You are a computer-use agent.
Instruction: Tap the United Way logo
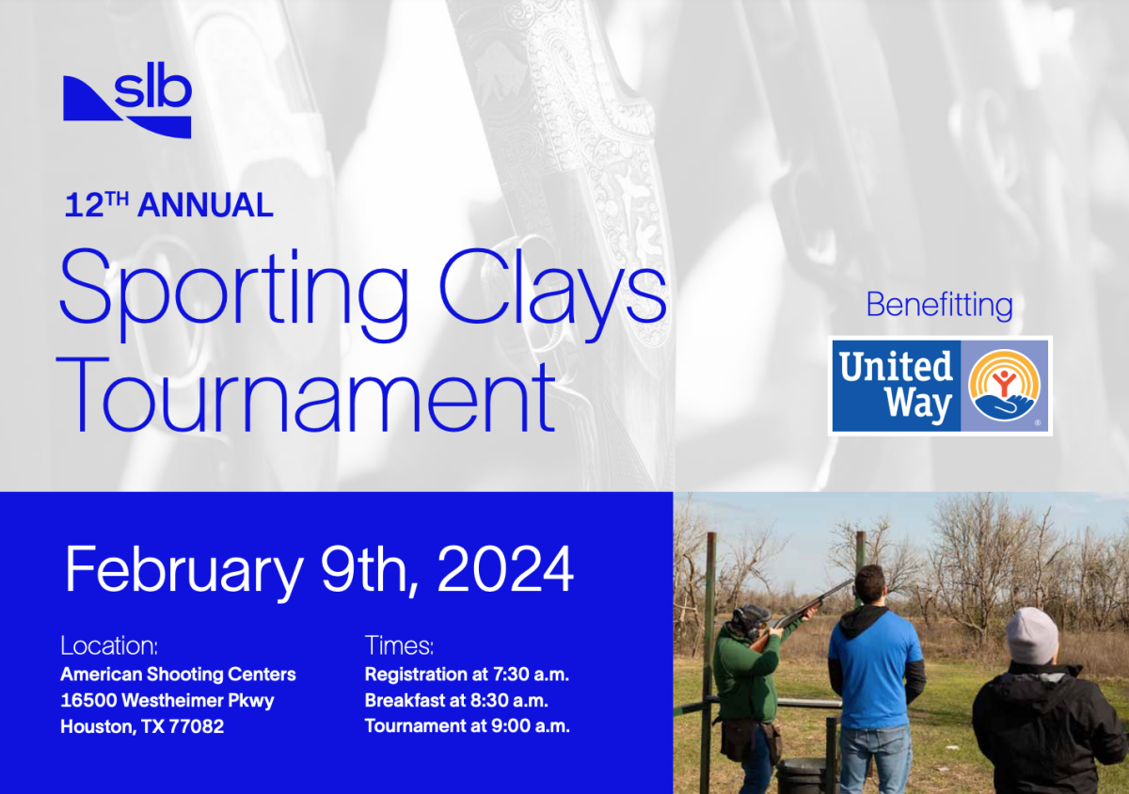pyautogui.click(x=940, y=386)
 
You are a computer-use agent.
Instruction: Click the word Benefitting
pyautogui.click(x=940, y=306)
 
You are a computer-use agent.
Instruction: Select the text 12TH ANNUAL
pyautogui.click(x=168, y=205)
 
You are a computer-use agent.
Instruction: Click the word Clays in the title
pyautogui.click(x=553, y=294)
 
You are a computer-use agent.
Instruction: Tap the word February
pyautogui.click(x=184, y=573)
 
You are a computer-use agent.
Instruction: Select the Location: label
pyautogui.click(x=109, y=645)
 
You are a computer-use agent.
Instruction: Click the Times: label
pyautogui.click(x=399, y=645)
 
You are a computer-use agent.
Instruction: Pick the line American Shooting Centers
pyautogui.click(x=178, y=675)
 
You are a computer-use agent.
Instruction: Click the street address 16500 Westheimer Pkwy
pyautogui.click(x=167, y=700)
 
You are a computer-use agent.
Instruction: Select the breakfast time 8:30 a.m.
pyautogui.click(x=510, y=701)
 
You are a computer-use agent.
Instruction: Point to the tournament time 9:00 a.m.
pyautogui.click(x=531, y=726)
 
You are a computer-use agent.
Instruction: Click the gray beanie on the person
pyautogui.click(x=1032, y=635)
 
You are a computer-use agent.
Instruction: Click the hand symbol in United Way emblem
pyautogui.click(x=1005, y=405)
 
